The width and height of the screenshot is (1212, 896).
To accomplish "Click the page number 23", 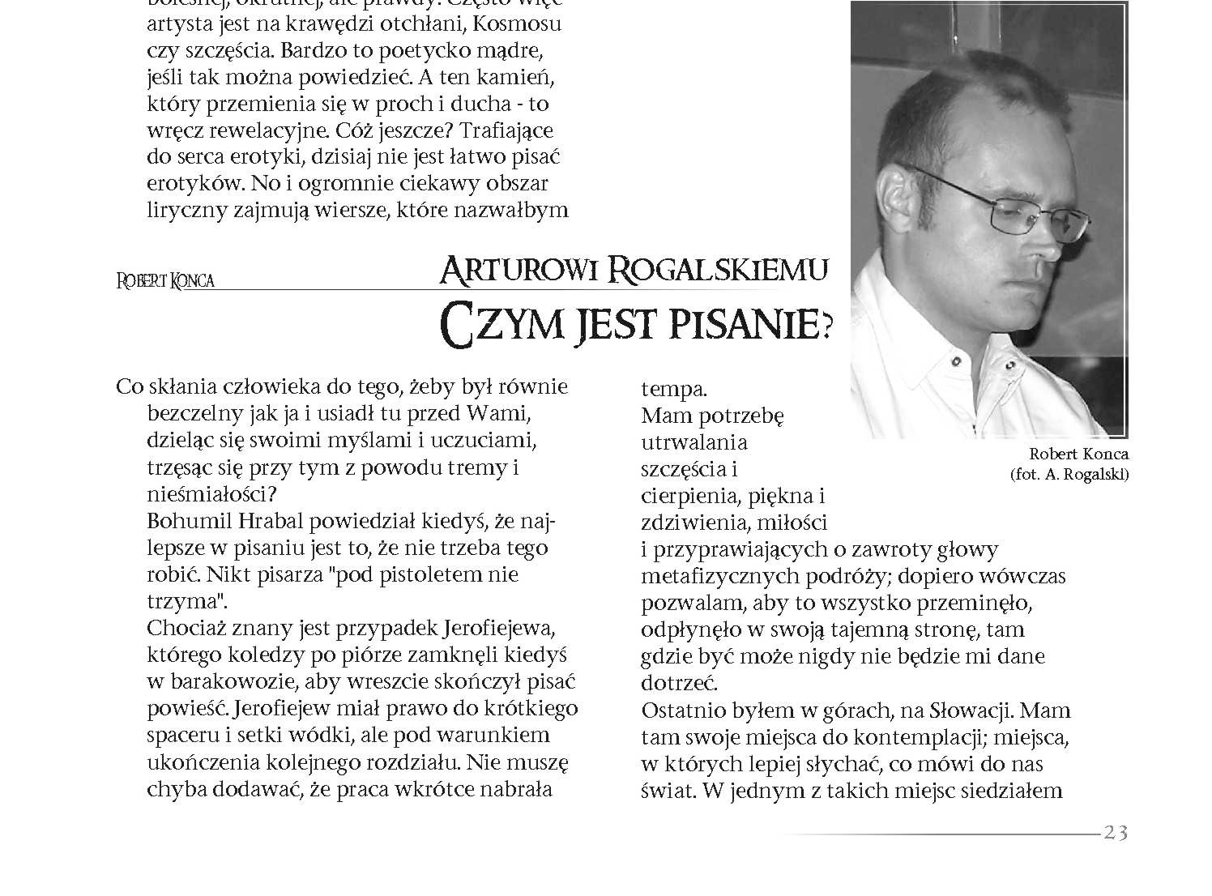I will tap(1116, 833).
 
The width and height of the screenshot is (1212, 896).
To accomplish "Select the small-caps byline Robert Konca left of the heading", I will tap(166, 282).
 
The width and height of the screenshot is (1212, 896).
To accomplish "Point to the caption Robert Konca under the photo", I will tap(1078, 454).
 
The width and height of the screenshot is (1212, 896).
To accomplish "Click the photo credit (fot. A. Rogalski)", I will tap(1069, 475).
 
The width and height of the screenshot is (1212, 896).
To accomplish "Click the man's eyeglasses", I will tap(996, 203).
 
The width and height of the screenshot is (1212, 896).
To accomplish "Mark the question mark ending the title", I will tap(826, 326).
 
